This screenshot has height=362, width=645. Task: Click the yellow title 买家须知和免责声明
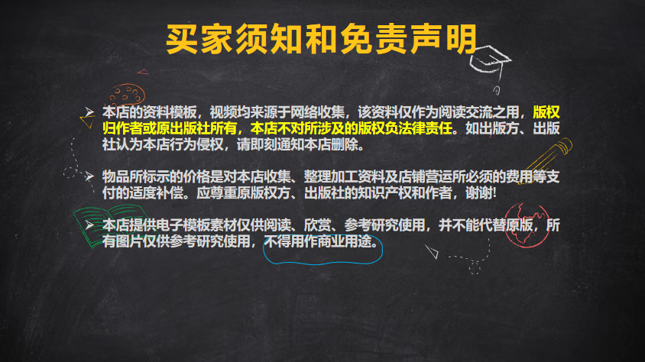321,40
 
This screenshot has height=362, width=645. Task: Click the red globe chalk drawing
527,225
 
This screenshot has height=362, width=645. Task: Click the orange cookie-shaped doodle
127,95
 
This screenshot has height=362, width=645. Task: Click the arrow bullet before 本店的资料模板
89,112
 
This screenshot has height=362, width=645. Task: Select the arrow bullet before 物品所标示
89,176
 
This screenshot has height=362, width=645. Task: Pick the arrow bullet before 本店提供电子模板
89,225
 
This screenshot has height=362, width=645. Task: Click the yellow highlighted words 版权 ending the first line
546,112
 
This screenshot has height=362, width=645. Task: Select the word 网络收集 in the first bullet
318,112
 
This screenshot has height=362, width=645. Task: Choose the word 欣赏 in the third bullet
318,225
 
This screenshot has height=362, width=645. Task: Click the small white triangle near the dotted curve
433,251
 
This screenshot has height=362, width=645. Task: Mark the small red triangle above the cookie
143,72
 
